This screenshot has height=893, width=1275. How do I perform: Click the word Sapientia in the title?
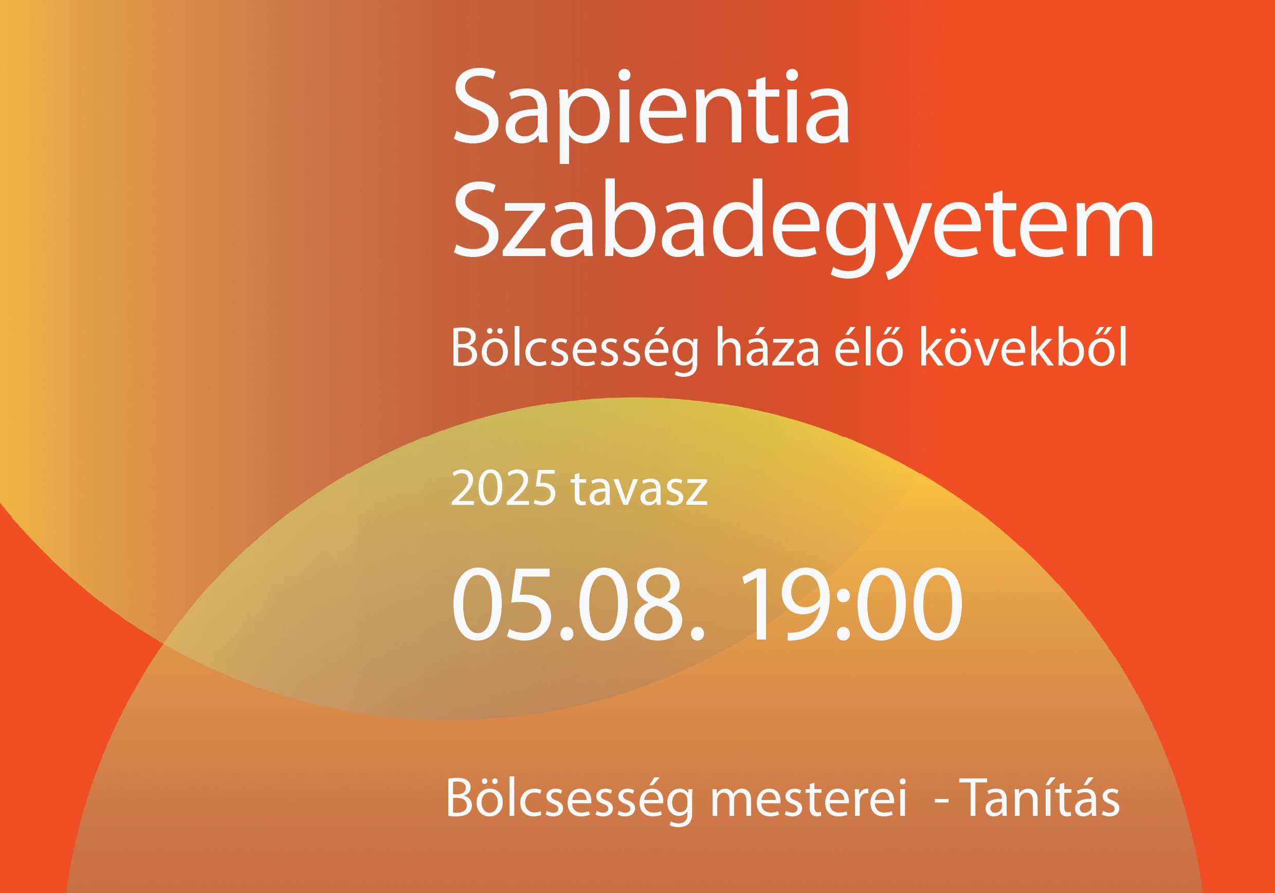click(x=651, y=115)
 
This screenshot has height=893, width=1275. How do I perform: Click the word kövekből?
click(x=1024, y=347)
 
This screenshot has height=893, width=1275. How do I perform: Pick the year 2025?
click(x=504, y=488)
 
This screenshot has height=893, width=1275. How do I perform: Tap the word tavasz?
click(x=639, y=489)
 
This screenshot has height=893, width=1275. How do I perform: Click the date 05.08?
click(x=578, y=604)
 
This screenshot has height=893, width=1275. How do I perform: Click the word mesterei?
click(x=809, y=798)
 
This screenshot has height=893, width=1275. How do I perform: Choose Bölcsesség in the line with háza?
click(x=575, y=349)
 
